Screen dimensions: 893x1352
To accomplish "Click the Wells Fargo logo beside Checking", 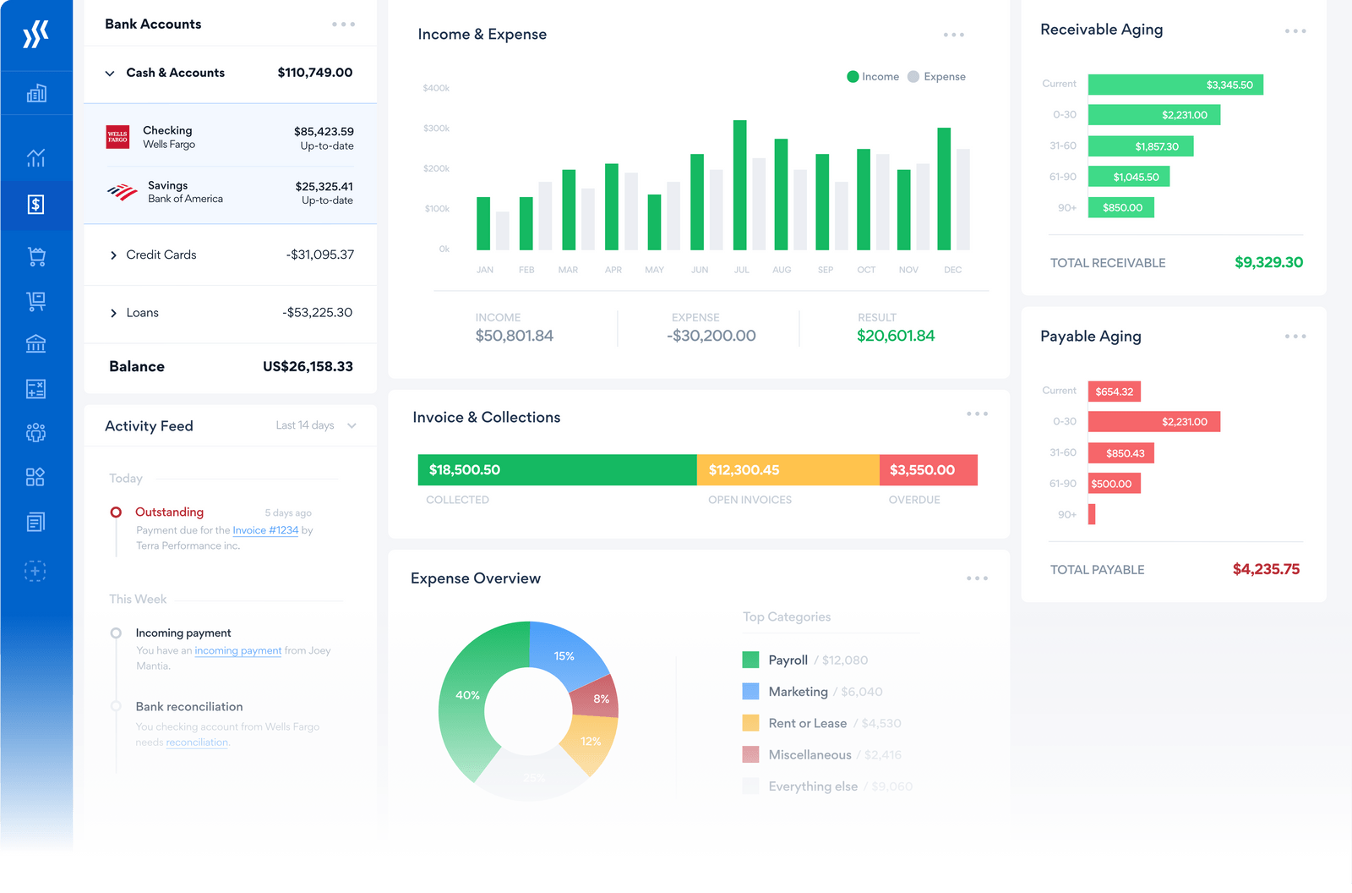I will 117,137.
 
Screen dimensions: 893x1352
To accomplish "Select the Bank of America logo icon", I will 123,192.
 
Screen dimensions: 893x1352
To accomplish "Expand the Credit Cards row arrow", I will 113,255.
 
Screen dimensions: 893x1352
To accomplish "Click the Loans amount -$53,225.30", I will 317,313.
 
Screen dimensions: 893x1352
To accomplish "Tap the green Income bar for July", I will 740,185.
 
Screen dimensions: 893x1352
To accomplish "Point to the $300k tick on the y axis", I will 436,129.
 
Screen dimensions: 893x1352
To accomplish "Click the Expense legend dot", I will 913,77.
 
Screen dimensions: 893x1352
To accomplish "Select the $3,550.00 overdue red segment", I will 928,470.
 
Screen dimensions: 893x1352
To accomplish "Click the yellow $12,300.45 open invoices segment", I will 788,470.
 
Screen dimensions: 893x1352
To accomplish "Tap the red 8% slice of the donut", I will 598,698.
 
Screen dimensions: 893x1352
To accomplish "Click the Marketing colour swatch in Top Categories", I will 750,692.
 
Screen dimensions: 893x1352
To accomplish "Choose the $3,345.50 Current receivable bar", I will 1175,85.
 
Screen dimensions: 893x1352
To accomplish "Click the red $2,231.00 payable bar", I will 1153,422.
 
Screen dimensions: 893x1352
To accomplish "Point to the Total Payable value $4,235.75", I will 1266,570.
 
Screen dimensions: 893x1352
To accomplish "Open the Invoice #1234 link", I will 265,531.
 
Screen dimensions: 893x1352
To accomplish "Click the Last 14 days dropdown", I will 315,425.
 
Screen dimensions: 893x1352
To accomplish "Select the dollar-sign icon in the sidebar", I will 35,205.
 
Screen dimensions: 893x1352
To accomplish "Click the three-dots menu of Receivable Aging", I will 1295,31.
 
